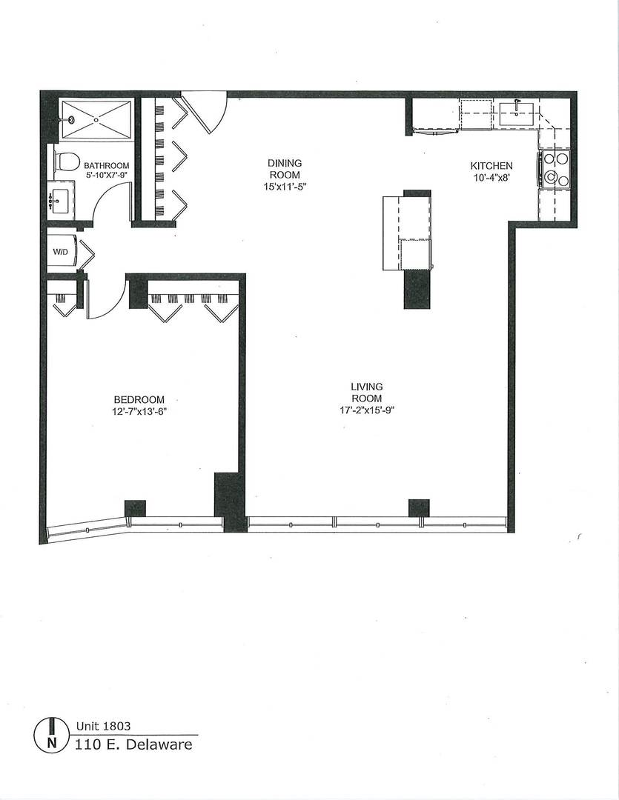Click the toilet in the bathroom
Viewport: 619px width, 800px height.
(x=67, y=161)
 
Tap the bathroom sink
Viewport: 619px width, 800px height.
(x=59, y=200)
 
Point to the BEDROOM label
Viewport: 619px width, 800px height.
(x=139, y=399)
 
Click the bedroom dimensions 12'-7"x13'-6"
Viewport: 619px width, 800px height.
(x=139, y=411)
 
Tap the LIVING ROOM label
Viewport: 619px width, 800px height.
(x=367, y=392)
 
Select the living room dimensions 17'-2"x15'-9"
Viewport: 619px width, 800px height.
(x=367, y=410)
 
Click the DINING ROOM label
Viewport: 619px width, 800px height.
(x=285, y=168)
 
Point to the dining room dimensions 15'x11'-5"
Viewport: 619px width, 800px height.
(x=285, y=186)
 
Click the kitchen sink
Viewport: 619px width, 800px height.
(x=516, y=113)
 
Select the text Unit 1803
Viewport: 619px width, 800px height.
(x=103, y=727)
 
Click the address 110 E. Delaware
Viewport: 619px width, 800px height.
(x=133, y=744)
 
